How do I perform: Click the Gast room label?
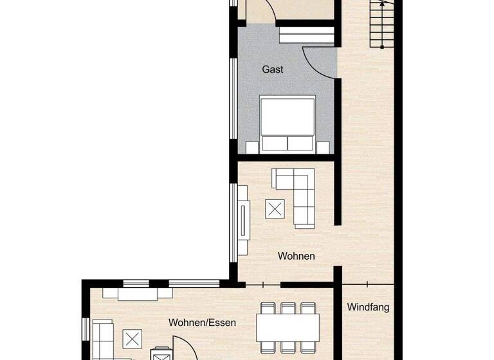[273, 69]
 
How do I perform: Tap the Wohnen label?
[296, 256]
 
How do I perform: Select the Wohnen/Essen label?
[202, 323]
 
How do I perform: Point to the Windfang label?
[368, 307]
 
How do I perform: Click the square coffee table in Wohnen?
[275, 208]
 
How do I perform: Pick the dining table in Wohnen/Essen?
[288, 328]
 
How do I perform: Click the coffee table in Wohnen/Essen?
[133, 338]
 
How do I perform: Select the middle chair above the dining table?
[288, 308]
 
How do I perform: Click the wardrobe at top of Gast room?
[306, 35]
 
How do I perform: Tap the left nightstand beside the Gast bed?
[252, 147]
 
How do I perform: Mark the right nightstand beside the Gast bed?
[324, 147]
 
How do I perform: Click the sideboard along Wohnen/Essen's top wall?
[137, 292]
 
